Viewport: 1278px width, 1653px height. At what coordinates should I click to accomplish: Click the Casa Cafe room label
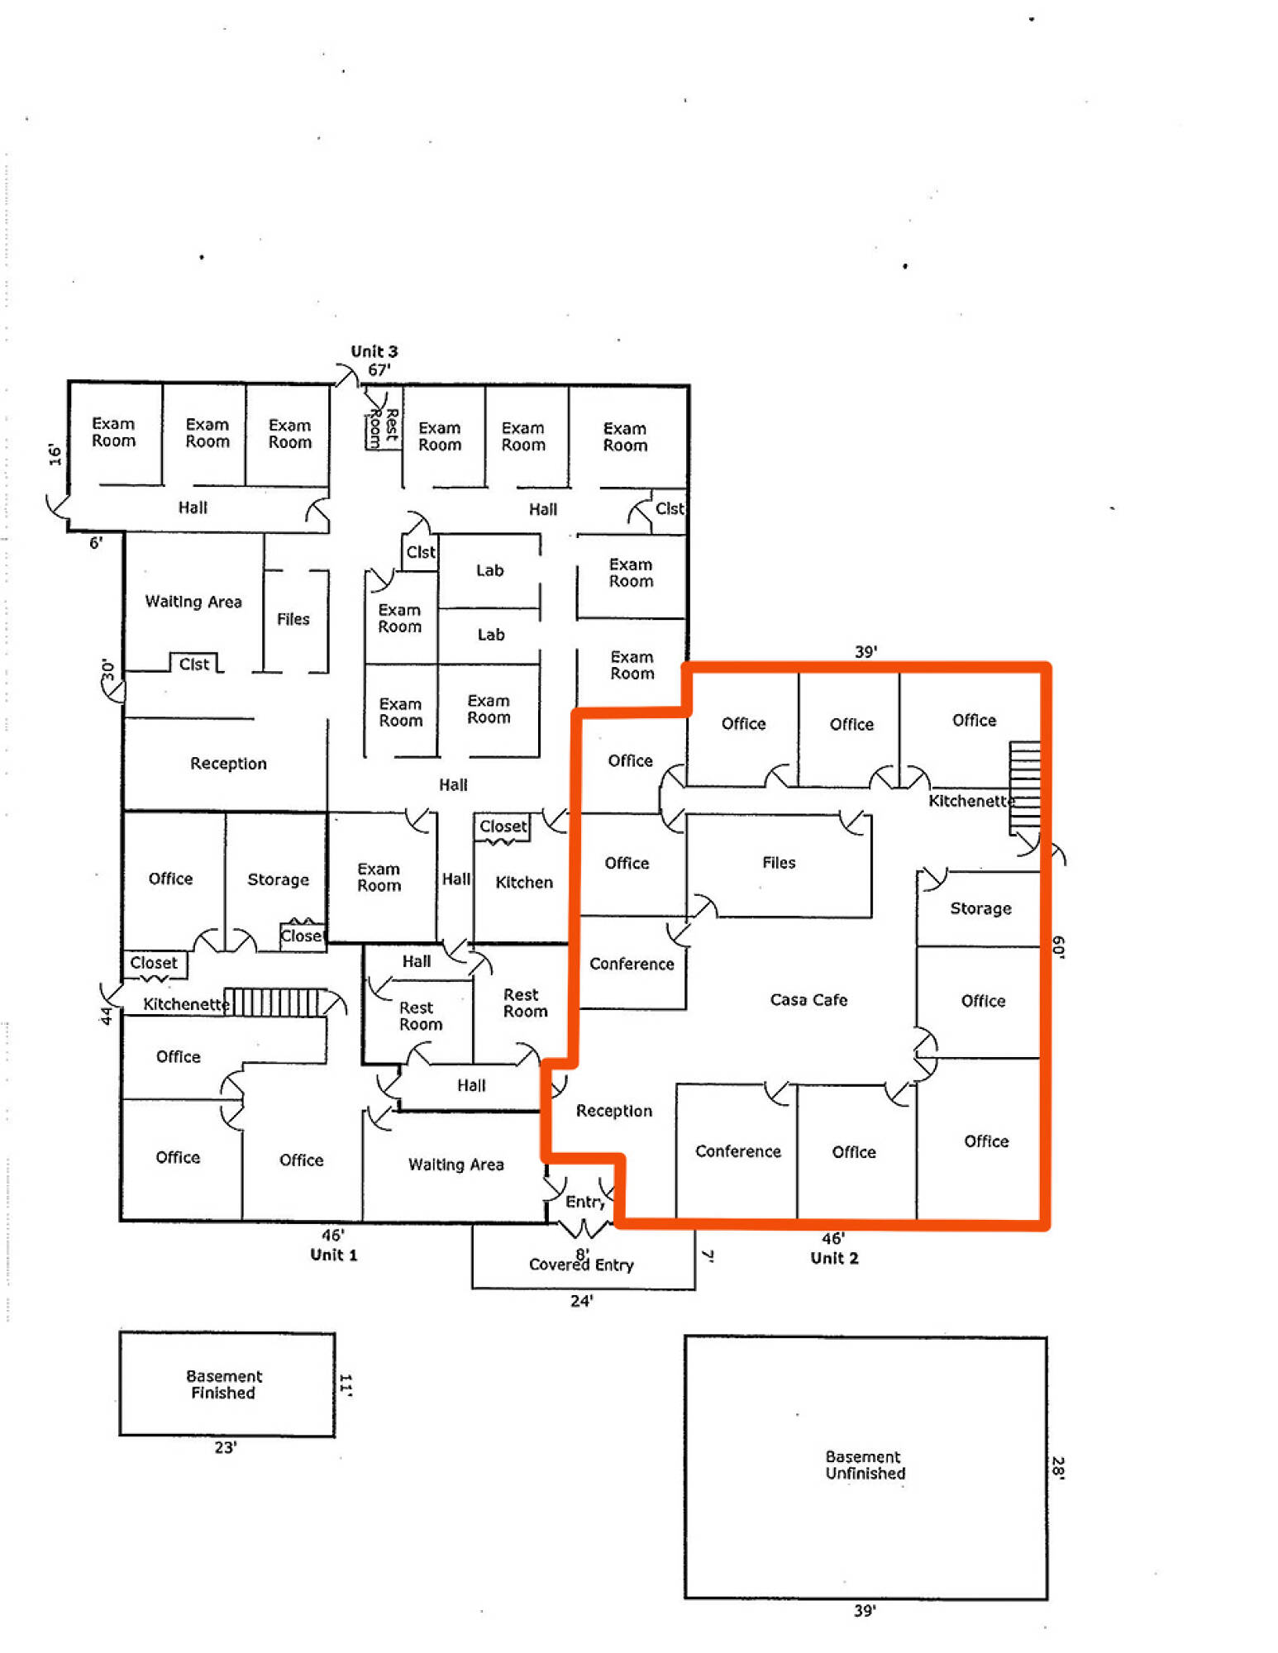tap(808, 999)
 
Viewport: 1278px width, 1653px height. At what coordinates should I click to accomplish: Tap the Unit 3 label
tap(374, 351)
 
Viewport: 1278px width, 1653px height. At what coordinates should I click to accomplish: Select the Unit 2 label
tap(833, 1258)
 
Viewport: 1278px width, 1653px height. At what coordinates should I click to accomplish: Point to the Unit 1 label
tap(333, 1255)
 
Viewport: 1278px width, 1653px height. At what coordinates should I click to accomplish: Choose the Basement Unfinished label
tap(865, 1465)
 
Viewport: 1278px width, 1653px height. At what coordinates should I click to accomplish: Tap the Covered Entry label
tap(581, 1265)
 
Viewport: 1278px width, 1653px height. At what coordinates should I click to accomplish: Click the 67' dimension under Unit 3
tap(379, 369)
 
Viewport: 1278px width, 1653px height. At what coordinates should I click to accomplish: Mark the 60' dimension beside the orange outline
tap(1058, 947)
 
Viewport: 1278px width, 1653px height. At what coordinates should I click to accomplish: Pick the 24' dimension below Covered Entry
tap(581, 1301)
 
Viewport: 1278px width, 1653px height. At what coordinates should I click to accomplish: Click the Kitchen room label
tap(523, 882)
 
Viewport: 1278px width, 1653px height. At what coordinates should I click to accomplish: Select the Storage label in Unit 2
tap(980, 908)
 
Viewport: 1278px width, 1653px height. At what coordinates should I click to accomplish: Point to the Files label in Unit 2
tap(779, 862)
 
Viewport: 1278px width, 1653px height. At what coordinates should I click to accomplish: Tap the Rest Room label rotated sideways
tap(384, 427)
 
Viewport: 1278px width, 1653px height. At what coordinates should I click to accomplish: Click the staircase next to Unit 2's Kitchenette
tap(1024, 788)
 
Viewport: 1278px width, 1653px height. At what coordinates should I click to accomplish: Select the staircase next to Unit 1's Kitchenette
tap(272, 1002)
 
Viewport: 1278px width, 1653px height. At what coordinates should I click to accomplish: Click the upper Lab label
tap(489, 570)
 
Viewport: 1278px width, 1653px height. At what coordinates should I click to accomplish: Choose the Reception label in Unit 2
tap(613, 1111)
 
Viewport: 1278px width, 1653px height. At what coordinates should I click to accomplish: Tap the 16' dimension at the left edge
tap(55, 455)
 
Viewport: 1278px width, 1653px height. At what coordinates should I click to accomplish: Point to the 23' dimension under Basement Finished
tap(226, 1447)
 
